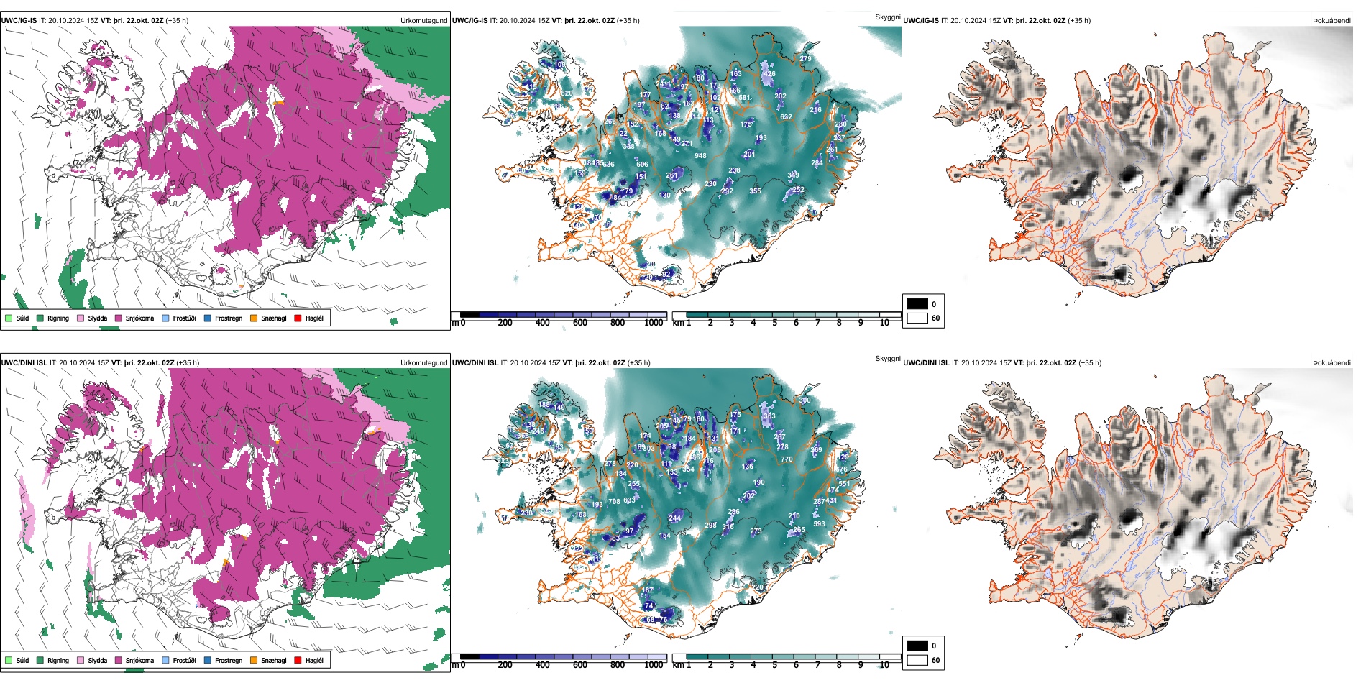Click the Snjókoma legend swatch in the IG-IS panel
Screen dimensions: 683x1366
click(x=119, y=318)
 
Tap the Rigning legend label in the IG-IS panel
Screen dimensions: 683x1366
click(x=58, y=318)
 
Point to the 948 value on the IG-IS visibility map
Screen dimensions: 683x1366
click(x=700, y=155)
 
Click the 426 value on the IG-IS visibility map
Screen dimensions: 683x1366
click(x=769, y=74)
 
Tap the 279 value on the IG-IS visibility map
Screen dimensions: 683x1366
click(x=805, y=59)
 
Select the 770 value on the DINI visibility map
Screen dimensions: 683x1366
click(x=787, y=459)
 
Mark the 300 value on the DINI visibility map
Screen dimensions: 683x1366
click(x=805, y=400)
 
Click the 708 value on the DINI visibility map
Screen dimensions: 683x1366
click(x=614, y=501)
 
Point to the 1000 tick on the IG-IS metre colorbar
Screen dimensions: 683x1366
click(x=654, y=323)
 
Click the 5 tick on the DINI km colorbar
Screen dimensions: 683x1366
click(x=775, y=665)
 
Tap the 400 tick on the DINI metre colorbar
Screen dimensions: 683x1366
click(x=543, y=665)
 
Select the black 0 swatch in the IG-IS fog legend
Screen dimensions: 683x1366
click(x=917, y=304)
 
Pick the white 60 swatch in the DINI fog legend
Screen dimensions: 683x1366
click(x=917, y=660)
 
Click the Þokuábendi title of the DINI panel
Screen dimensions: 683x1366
click(x=1331, y=363)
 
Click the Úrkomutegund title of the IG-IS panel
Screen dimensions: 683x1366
click(x=423, y=21)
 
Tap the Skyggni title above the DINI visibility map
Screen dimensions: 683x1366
click(x=887, y=359)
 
